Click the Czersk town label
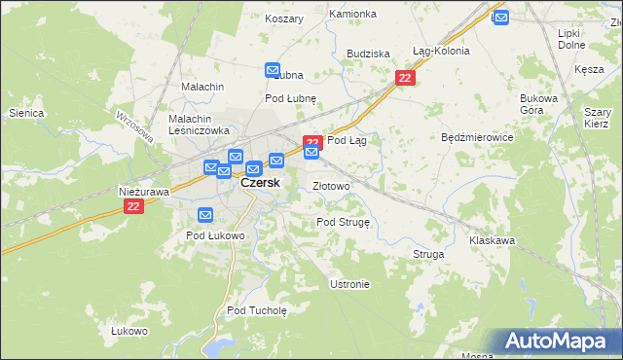click(260, 183)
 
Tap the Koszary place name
click(284, 18)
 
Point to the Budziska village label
click(368, 54)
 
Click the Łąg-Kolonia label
click(441, 51)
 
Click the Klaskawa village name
click(492, 239)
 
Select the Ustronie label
click(349, 284)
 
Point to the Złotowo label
click(331, 186)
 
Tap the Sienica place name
click(26, 114)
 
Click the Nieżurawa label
click(144, 192)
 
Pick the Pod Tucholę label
click(257, 310)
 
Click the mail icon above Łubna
click(273, 70)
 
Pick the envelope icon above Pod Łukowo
click(205, 215)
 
